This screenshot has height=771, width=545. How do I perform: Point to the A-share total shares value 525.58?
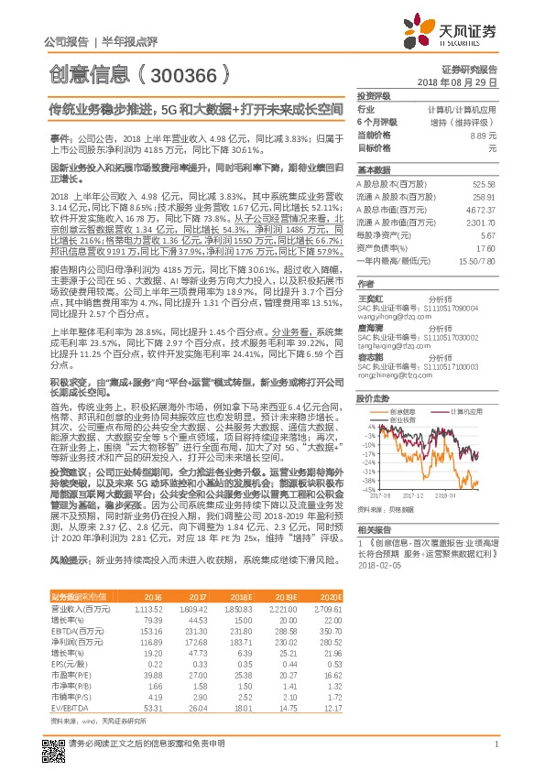483,184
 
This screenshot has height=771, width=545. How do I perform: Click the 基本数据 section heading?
374,170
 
